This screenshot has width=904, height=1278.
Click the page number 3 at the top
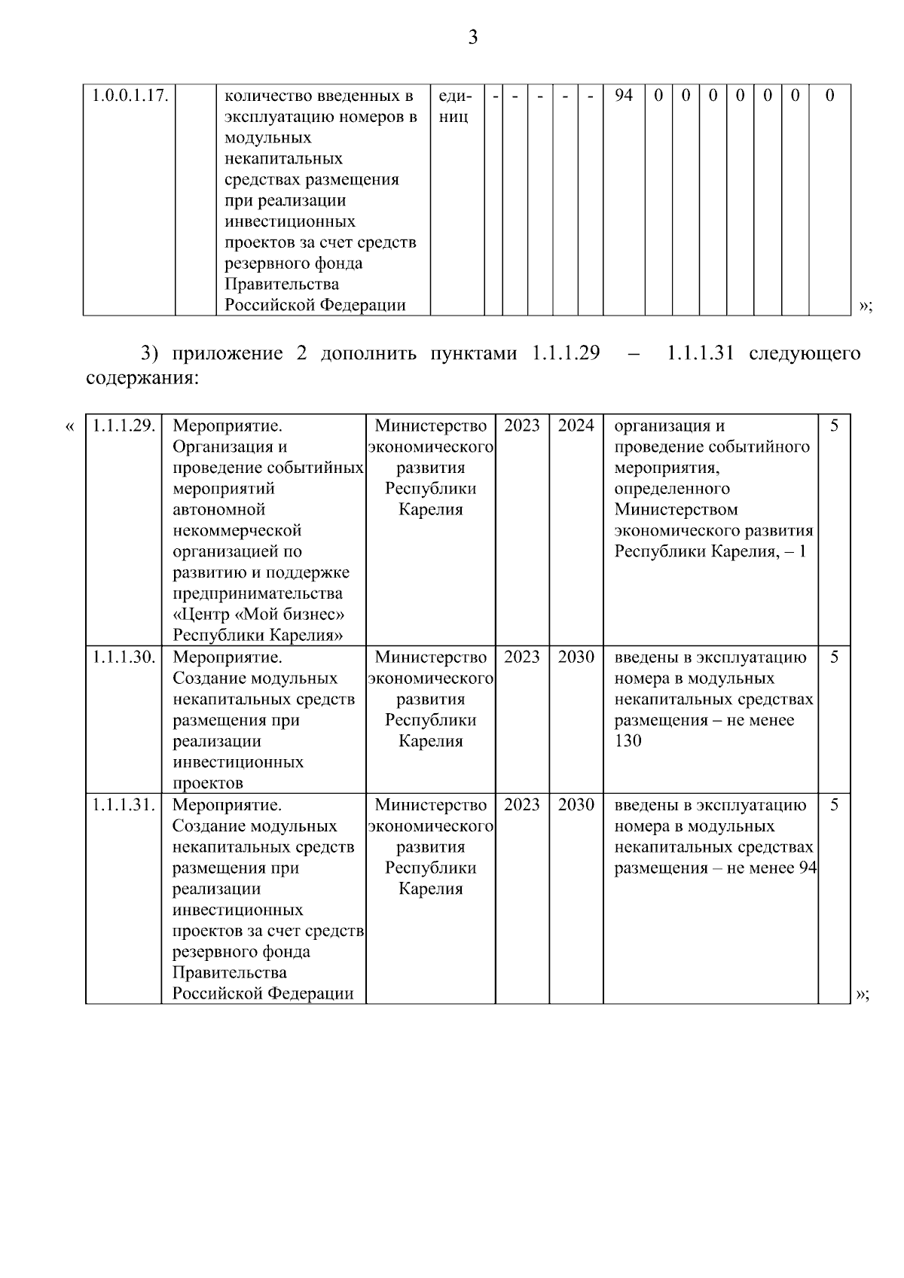tap(472, 38)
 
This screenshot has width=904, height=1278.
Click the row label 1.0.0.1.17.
tap(129, 96)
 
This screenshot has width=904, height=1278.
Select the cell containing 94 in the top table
tap(623, 96)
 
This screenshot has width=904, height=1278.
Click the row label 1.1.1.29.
tap(124, 426)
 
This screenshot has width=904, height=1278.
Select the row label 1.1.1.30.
tap(124, 657)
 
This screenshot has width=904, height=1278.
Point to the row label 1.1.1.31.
tap(124, 805)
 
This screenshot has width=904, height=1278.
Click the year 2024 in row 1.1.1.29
tap(576, 426)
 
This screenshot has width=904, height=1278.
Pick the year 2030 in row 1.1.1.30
tap(576, 657)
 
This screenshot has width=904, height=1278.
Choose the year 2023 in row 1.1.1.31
tap(522, 805)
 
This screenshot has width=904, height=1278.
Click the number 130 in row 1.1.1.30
tap(628, 742)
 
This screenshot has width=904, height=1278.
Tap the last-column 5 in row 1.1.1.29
tap(834, 426)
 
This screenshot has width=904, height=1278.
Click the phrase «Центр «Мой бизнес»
tap(258, 615)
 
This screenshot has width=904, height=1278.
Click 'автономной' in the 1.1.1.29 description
tap(219, 510)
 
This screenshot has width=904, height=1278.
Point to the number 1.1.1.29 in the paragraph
tap(566, 354)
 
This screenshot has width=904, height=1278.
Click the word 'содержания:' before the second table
tap(142, 378)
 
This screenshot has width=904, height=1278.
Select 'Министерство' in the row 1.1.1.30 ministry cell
tap(431, 657)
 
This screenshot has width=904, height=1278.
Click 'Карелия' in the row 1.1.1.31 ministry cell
tap(431, 889)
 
